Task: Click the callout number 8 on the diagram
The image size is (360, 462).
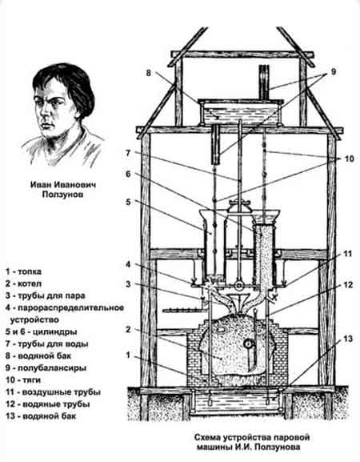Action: pos(148,73)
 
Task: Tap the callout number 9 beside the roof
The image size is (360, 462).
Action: pos(333,71)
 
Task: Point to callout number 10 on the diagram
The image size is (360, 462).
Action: pos(349,159)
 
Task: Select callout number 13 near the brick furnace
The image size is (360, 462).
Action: pos(348,339)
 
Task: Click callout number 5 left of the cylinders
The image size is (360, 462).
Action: pos(128,202)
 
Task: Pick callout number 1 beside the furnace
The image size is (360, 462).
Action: pos(128,356)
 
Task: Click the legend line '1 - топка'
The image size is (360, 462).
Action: pos(23,271)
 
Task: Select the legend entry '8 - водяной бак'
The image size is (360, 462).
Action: pos(38,356)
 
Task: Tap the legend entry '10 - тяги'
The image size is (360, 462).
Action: pos(23,380)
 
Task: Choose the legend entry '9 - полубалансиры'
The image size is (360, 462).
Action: pos(46,368)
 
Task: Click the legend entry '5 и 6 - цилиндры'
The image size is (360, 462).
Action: pos(42,331)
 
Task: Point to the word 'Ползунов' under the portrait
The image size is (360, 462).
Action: pos(62,195)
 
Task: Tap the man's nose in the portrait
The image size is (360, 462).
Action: pos(44,112)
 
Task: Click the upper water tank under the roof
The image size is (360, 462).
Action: pos(240,112)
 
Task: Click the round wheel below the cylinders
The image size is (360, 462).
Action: pos(238,286)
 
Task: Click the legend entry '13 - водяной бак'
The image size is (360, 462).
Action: pos(41,416)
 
